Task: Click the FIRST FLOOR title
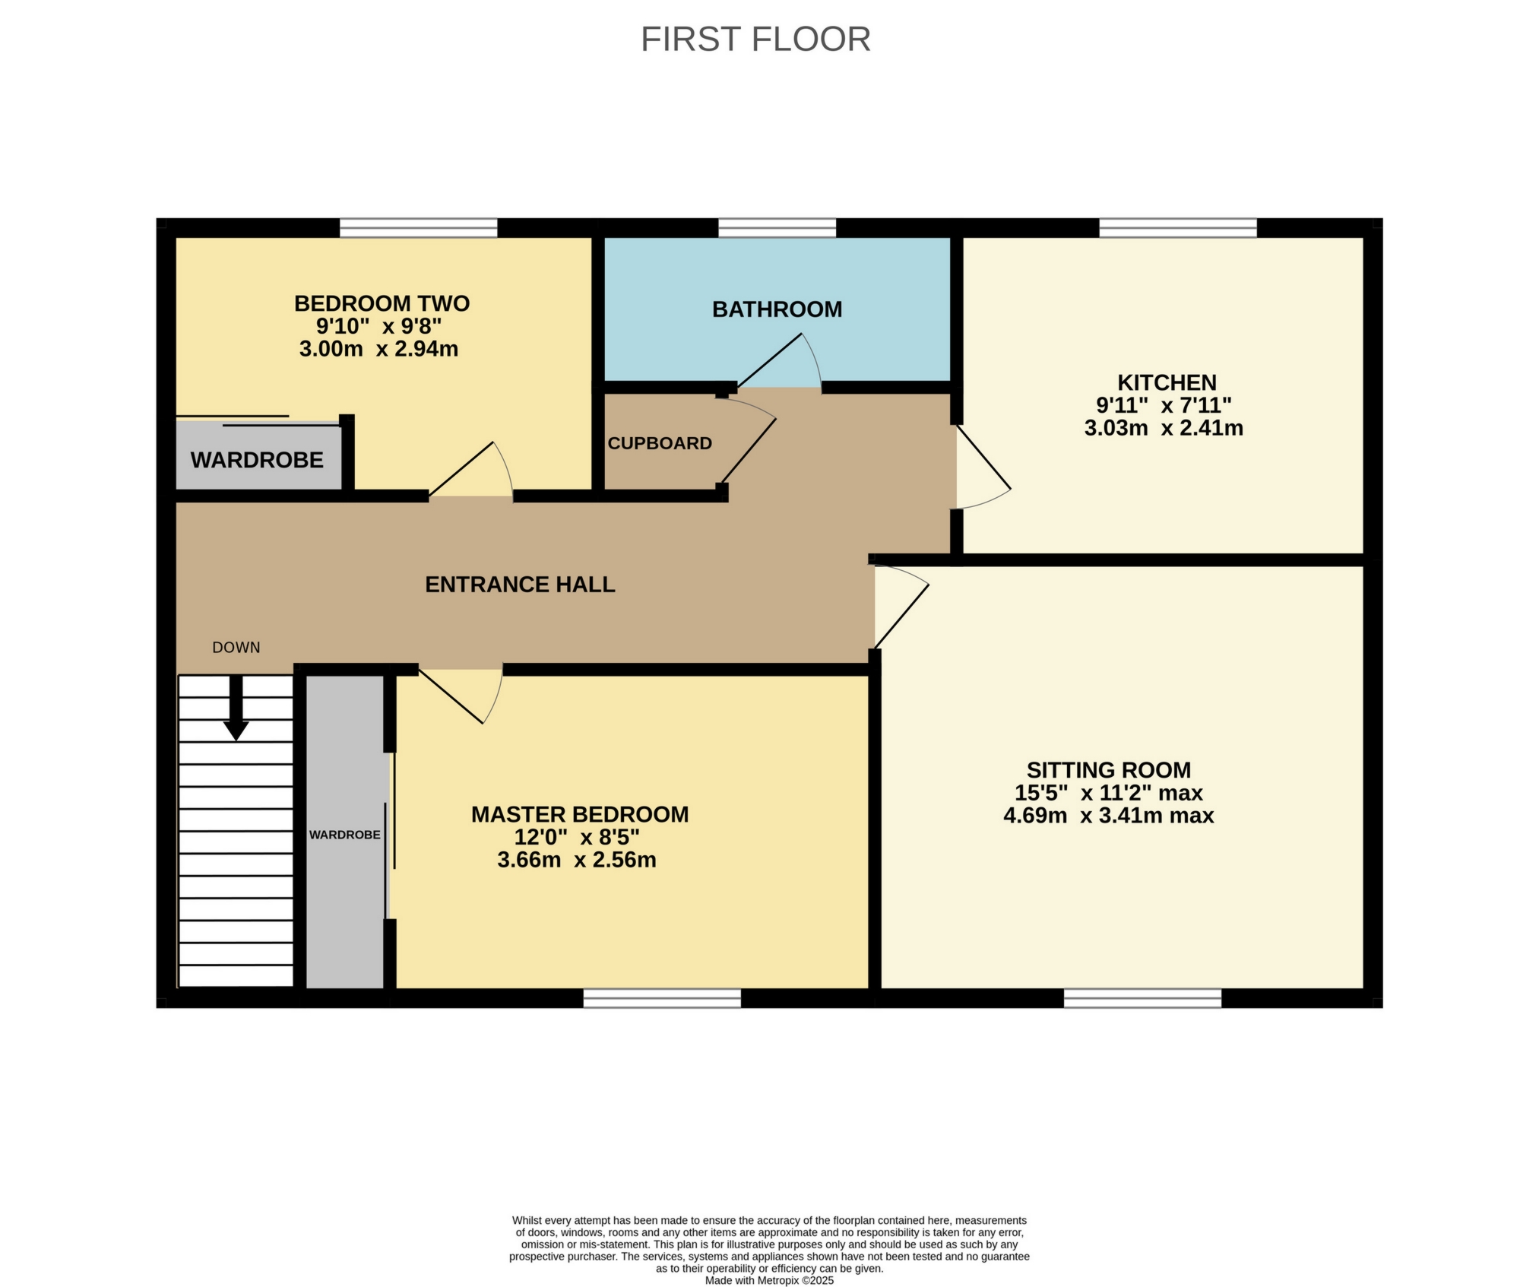pyautogui.click(x=755, y=40)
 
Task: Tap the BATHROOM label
pyautogui.click(x=777, y=309)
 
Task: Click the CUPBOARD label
pyautogui.click(x=660, y=443)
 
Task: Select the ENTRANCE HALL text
pyautogui.click(x=520, y=585)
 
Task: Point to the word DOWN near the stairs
pyautogui.click(x=236, y=648)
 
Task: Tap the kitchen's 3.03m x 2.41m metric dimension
pyautogui.click(x=1164, y=428)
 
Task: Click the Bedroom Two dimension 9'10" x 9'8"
pyautogui.click(x=379, y=327)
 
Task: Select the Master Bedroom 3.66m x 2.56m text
pyautogui.click(x=577, y=861)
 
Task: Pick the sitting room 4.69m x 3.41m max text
pyautogui.click(x=1108, y=816)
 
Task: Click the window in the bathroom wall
pyautogui.click(x=777, y=227)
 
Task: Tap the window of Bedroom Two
pyautogui.click(x=418, y=227)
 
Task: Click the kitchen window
pyautogui.click(x=1177, y=227)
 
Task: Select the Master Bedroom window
pyautogui.click(x=662, y=998)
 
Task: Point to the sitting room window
pyautogui.click(x=1142, y=998)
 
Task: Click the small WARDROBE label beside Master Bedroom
pyautogui.click(x=344, y=835)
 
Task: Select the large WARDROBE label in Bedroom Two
pyautogui.click(x=257, y=460)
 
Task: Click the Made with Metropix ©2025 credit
pyautogui.click(x=769, y=1280)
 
